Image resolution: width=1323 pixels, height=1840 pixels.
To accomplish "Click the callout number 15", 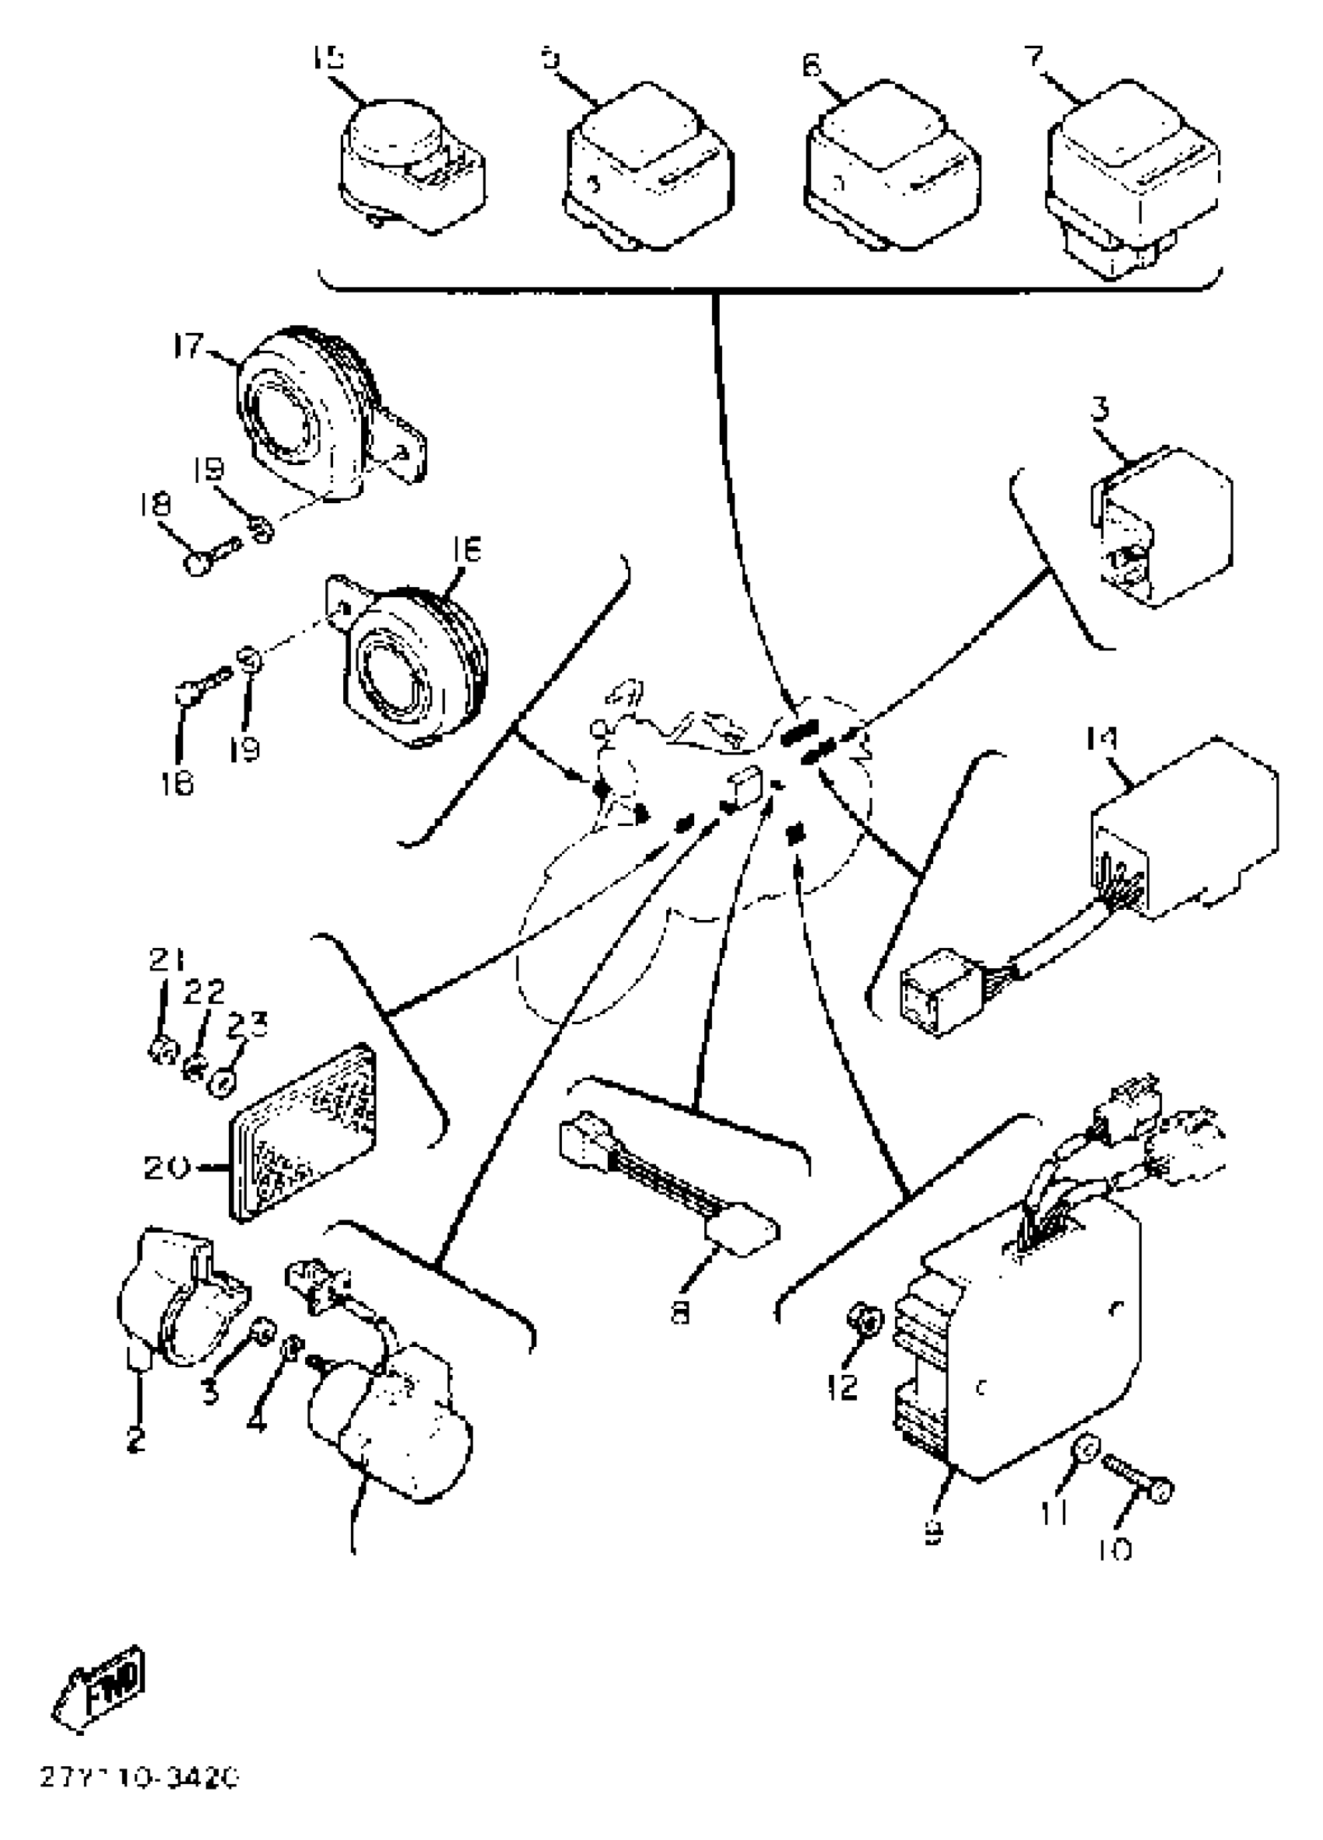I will pos(327,58).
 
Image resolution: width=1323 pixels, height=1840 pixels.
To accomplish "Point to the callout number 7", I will pos(1034,58).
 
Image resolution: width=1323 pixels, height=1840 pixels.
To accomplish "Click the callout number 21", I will pos(167,960).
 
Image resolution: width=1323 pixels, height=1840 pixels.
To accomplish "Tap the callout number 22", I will pos(203,991).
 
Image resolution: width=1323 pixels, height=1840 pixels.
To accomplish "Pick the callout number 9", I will pos(933,1530).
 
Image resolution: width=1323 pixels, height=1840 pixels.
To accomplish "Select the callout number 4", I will pos(257,1421).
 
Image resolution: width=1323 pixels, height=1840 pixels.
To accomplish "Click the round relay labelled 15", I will pos(405,166).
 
